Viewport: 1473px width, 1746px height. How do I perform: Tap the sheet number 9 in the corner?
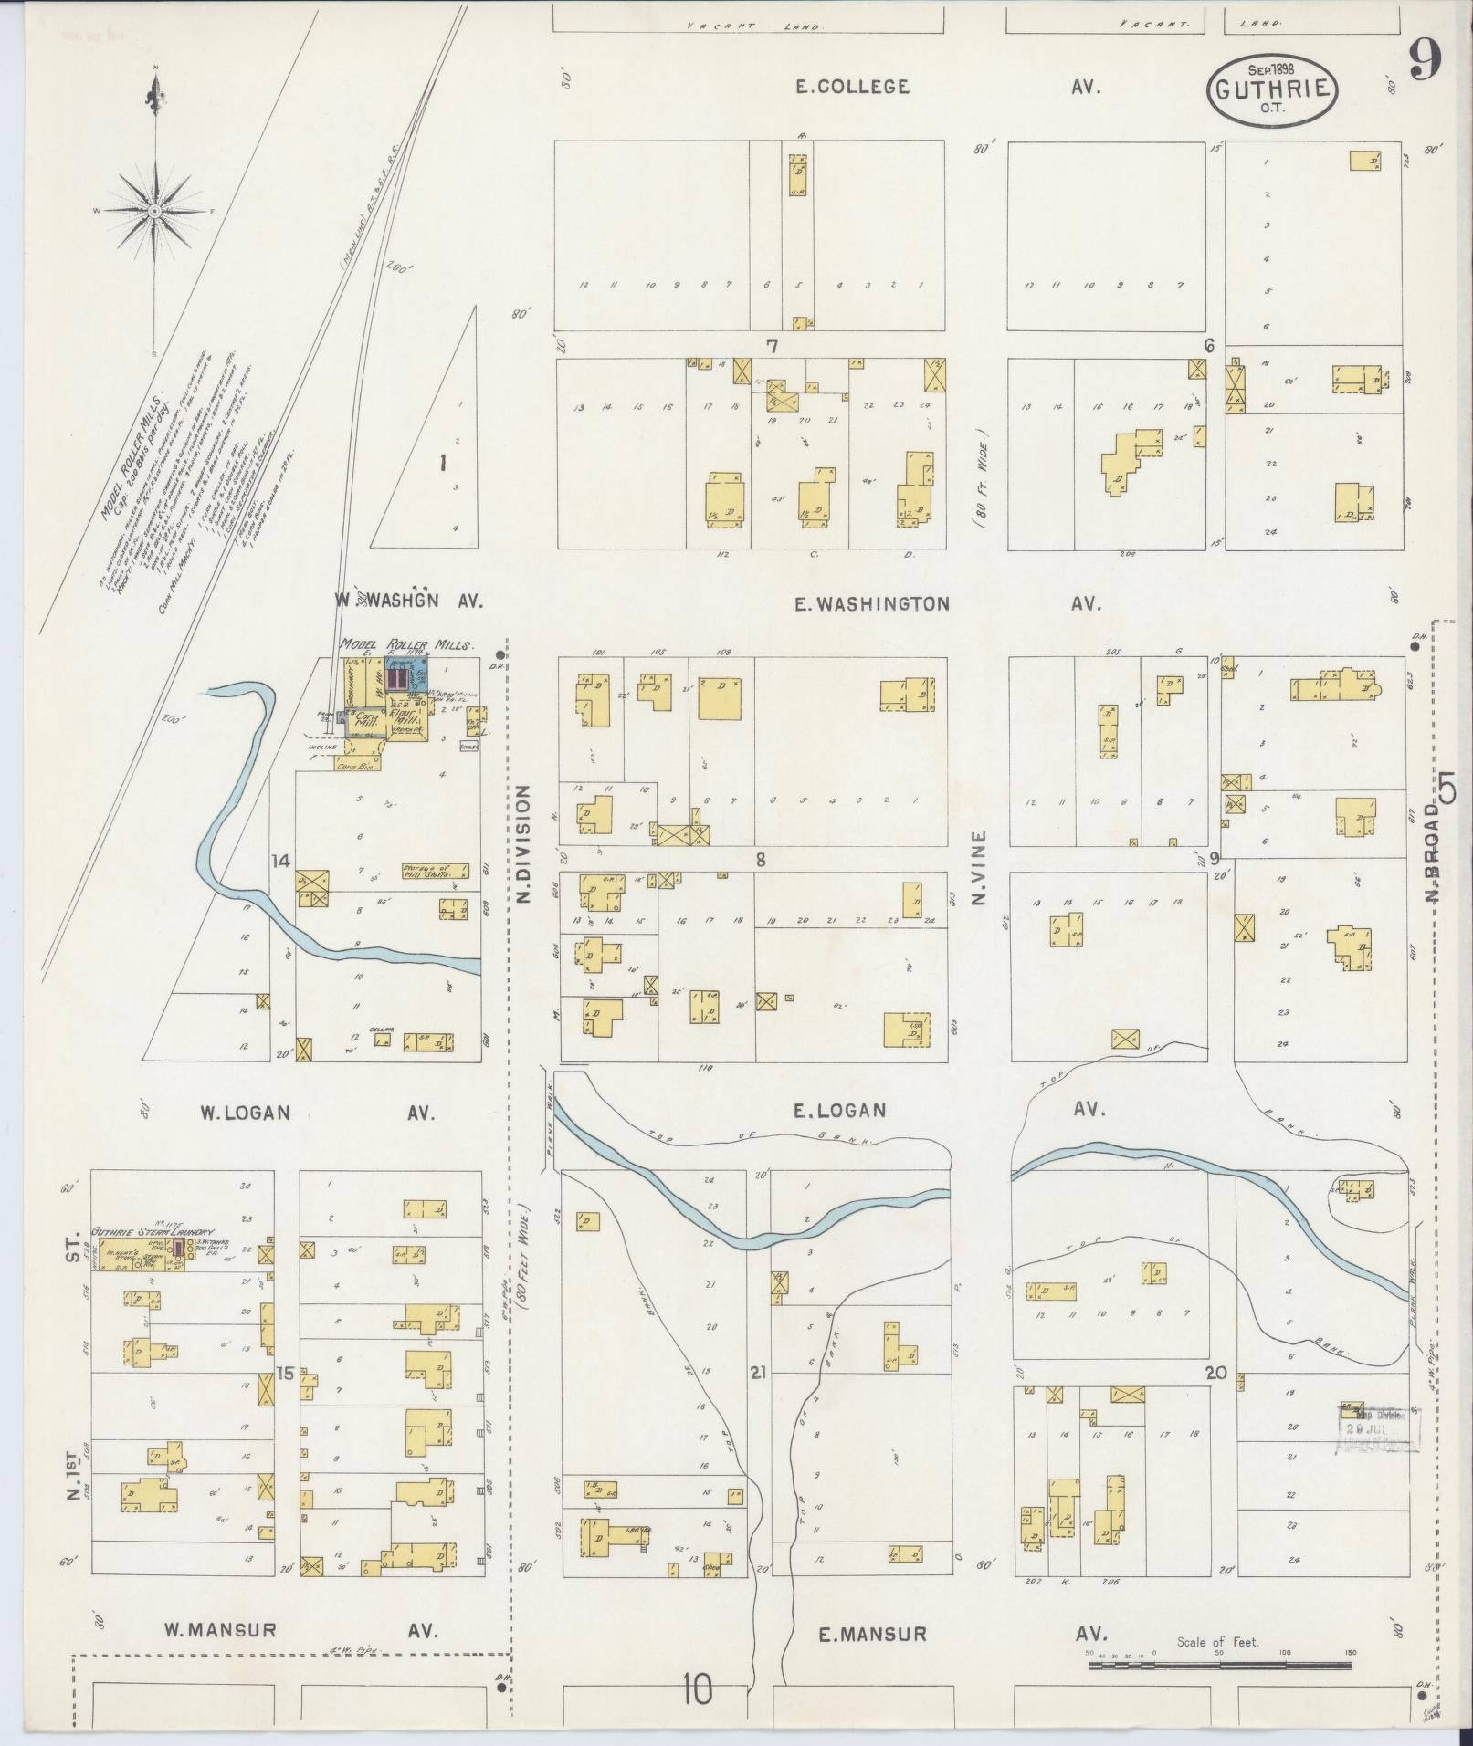point(1425,61)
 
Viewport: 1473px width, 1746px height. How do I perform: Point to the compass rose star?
point(155,211)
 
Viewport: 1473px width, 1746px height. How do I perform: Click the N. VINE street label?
point(980,867)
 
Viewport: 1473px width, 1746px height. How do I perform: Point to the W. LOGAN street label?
point(246,1113)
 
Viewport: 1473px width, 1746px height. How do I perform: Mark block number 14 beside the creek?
point(279,861)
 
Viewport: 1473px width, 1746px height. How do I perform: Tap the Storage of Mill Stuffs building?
point(436,870)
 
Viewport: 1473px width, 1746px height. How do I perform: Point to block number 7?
point(772,346)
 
